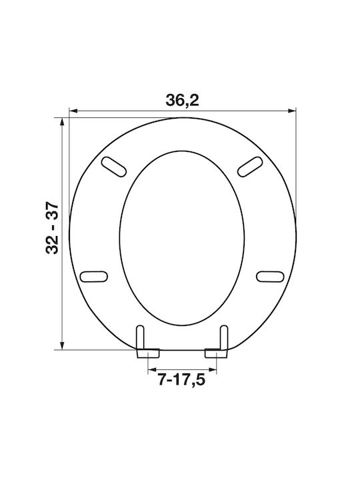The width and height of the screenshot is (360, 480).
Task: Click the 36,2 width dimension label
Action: [182, 100]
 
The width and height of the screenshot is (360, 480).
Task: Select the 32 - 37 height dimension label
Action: [52, 227]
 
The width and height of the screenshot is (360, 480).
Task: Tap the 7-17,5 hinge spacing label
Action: [181, 380]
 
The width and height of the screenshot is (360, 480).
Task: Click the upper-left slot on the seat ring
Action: [114, 167]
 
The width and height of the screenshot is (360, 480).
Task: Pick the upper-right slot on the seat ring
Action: [250, 167]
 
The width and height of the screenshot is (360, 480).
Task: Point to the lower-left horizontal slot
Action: [94, 277]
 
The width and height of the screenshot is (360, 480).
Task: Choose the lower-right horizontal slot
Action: [270, 277]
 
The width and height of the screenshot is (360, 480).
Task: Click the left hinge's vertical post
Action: [140, 337]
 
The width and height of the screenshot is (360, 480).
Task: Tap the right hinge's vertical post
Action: [224, 337]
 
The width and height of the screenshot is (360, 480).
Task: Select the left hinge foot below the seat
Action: [148, 353]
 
